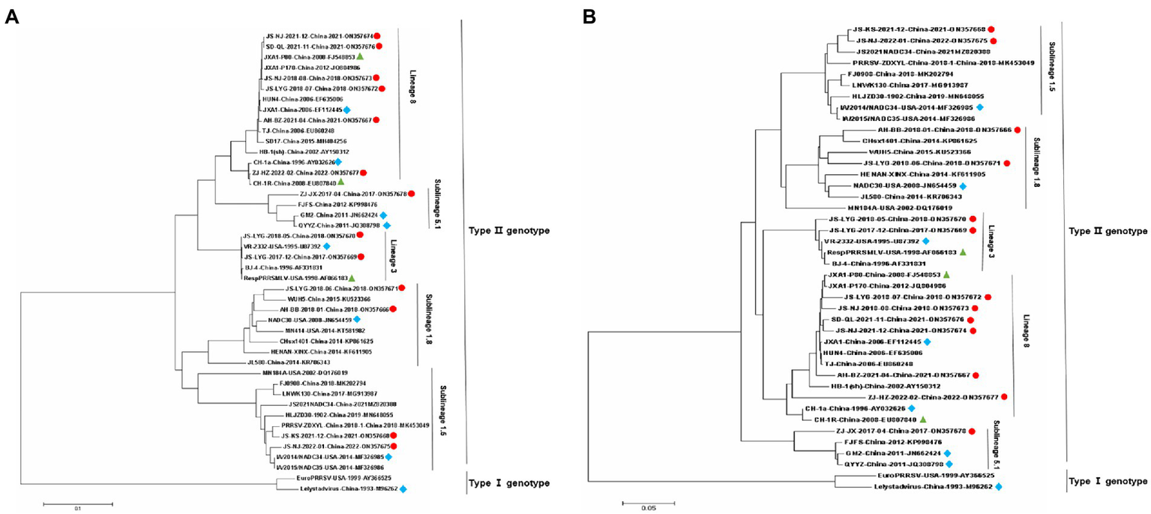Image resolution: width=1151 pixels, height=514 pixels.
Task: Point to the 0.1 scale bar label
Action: point(76,508)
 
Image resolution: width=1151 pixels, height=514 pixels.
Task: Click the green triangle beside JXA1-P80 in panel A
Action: point(360,56)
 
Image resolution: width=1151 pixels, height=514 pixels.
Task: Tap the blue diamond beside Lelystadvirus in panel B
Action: point(999,487)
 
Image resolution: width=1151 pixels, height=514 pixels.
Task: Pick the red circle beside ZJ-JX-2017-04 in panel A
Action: point(411,194)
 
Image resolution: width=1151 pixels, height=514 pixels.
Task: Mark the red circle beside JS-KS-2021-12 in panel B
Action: point(991,29)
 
